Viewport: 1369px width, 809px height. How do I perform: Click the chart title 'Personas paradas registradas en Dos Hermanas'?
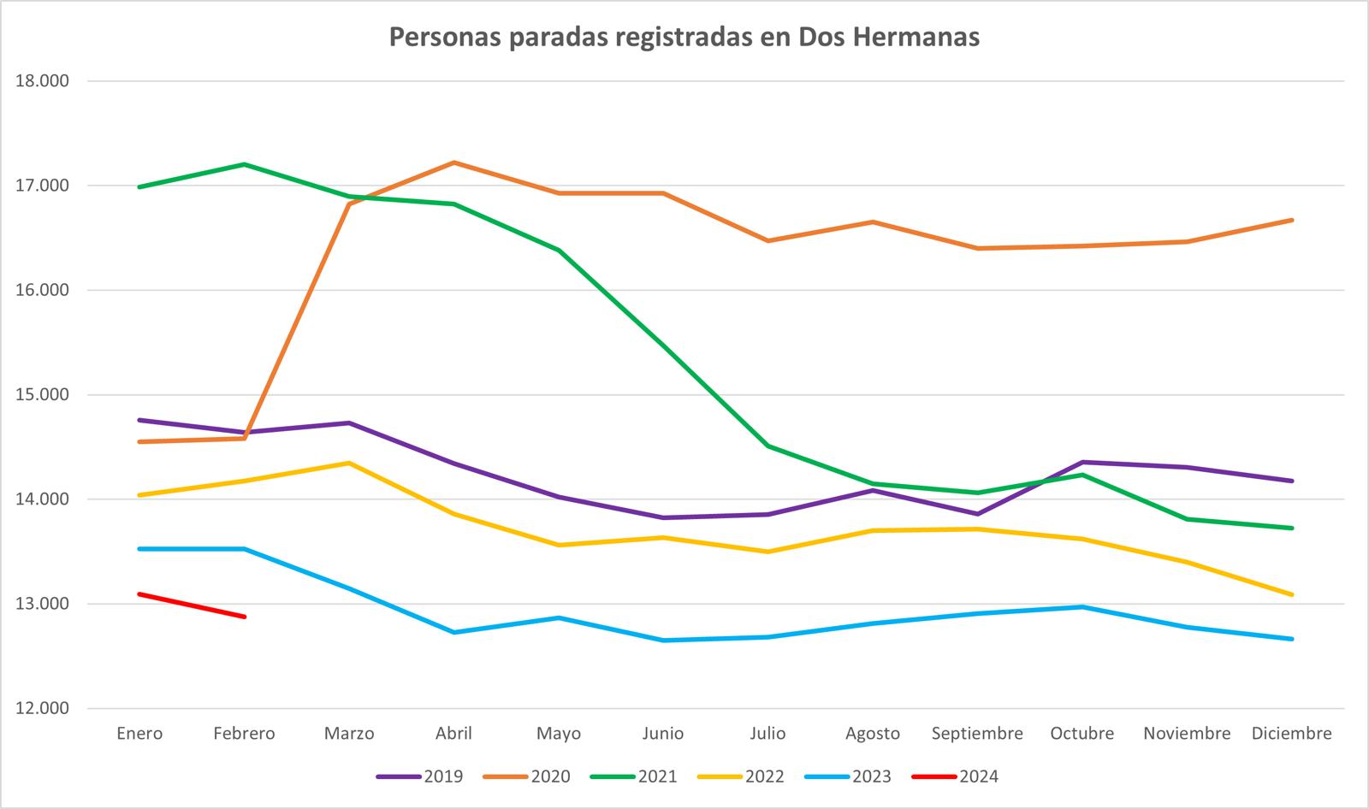point(684,38)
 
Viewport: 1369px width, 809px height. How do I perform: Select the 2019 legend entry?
point(421,777)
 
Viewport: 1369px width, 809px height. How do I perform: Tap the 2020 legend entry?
point(528,777)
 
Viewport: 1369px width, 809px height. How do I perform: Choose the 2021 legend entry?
point(635,777)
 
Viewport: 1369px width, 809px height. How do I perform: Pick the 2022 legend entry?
point(742,777)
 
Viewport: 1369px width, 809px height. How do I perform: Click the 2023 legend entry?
point(849,777)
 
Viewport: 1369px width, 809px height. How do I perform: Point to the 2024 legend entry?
point(956,777)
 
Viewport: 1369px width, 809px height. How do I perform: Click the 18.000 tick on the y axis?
point(42,81)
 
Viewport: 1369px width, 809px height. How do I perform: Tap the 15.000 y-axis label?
point(42,395)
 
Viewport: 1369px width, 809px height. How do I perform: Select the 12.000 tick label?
point(42,708)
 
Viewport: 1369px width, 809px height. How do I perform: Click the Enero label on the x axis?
point(139,734)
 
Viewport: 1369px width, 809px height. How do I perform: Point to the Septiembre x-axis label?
point(977,734)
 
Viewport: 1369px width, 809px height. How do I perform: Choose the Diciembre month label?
point(1291,734)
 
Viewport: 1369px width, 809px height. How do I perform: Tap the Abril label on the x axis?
point(453,734)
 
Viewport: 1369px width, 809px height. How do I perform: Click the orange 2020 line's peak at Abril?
point(453,162)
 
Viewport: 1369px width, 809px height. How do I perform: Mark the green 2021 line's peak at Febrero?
point(245,164)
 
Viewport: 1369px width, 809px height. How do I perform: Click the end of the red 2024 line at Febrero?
point(245,617)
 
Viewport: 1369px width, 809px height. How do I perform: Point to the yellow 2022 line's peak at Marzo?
point(349,463)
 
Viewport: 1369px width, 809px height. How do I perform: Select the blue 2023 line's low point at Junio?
point(663,641)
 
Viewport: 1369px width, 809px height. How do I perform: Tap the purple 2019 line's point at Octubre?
point(1082,462)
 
